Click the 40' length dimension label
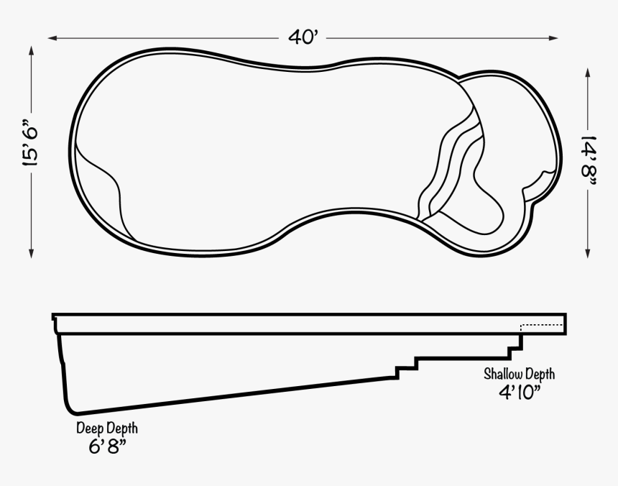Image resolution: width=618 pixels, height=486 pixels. coord(303,37)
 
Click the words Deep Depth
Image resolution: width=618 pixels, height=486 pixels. coord(107,428)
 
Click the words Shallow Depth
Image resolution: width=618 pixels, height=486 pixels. coord(519,374)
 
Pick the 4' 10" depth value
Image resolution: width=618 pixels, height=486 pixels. coord(519,392)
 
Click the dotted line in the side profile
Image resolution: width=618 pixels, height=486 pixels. coord(543,326)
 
